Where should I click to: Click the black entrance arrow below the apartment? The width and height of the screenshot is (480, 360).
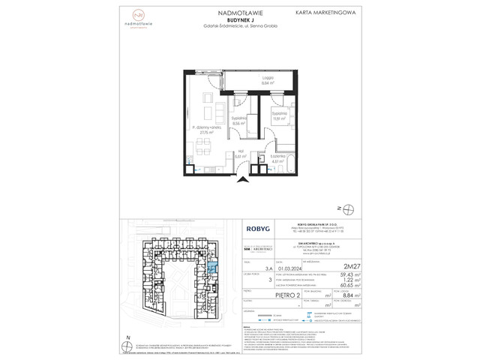pyautogui.click(x=241, y=179)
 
